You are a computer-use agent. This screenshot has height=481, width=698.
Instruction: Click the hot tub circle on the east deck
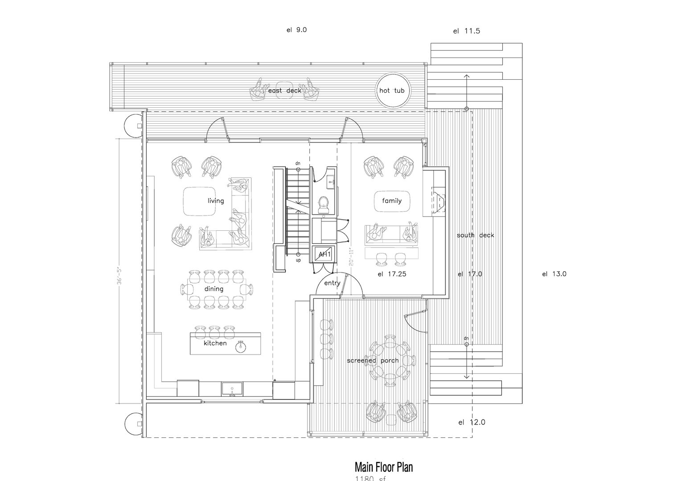(x=391, y=90)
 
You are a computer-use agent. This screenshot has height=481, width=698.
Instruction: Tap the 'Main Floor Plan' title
(x=383, y=467)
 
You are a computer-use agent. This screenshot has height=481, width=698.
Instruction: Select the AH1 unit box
(x=324, y=254)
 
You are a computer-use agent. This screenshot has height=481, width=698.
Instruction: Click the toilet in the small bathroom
(x=324, y=203)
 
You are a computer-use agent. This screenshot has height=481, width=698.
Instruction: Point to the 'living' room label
(x=216, y=201)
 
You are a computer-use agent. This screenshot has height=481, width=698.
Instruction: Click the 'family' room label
(x=392, y=201)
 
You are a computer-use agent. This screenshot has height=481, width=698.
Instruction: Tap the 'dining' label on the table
(x=214, y=289)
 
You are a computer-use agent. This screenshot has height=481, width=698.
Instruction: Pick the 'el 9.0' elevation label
(x=297, y=30)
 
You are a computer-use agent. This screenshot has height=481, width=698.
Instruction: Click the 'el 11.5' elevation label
(x=466, y=31)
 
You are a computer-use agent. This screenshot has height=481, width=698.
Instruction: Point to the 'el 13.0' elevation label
(x=554, y=274)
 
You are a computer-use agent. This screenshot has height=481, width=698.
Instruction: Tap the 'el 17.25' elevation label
(x=392, y=274)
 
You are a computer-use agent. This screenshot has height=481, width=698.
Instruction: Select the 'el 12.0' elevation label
(x=472, y=422)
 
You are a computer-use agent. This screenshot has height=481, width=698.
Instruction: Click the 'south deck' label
(x=475, y=235)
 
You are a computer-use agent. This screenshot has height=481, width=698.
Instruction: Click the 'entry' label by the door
(x=332, y=283)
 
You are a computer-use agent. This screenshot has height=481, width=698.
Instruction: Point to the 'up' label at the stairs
(x=298, y=260)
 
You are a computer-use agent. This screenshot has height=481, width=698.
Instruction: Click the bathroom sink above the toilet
(x=331, y=180)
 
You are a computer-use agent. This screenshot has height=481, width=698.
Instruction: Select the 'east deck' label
(x=284, y=90)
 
